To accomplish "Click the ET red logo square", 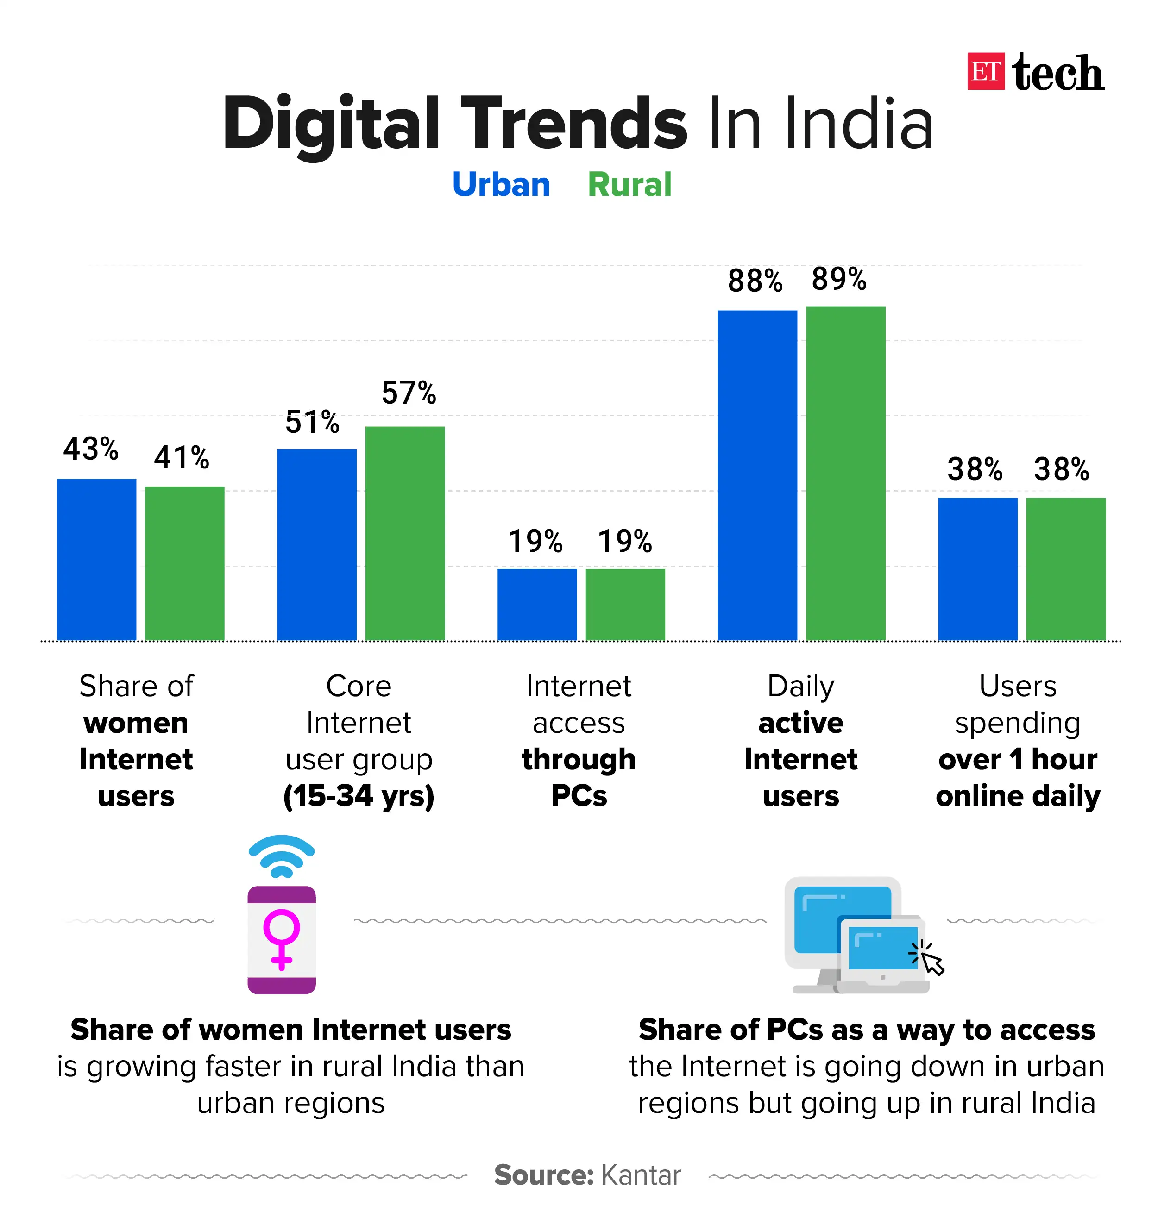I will (x=986, y=72).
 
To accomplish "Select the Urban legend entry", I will (x=501, y=184).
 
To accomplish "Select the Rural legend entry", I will (x=629, y=184).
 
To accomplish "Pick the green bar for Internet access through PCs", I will (x=625, y=604).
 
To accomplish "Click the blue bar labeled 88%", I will (x=757, y=475).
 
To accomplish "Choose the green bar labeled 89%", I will (x=846, y=473).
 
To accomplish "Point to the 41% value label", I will (x=182, y=458).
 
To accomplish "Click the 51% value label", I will (x=312, y=423).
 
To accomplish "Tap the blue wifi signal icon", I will (x=282, y=856).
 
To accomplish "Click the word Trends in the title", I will (x=574, y=124).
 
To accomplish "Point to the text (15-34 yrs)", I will (x=359, y=796).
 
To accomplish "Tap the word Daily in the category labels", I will (x=800, y=687).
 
